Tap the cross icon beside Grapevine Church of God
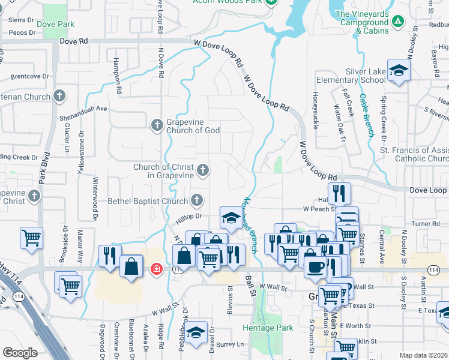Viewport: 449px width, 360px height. pyautogui.click(x=156, y=125)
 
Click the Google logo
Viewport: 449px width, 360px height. pyautogui.click(x=20, y=353)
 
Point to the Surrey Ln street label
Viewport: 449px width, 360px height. pyautogui.click(x=230, y=344)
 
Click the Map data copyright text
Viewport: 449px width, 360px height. pyautogui.click(x=424, y=355)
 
